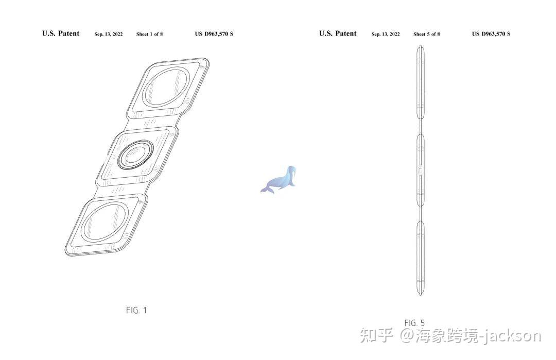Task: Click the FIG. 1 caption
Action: tap(136, 310)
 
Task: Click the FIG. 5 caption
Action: tap(414, 323)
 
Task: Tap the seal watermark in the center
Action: tap(280, 179)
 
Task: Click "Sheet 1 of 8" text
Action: tap(149, 35)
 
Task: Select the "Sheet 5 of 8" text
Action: tap(426, 35)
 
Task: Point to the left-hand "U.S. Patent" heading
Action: tap(61, 34)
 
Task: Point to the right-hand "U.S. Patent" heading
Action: tap(338, 34)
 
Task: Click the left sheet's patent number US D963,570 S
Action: tap(214, 34)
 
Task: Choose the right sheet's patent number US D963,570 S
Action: tap(491, 34)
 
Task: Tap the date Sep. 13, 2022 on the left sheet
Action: tap(109, 35)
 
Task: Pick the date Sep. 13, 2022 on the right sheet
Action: tap(386, 35)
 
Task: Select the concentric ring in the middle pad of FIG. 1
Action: tap(136, 154)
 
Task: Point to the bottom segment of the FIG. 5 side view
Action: tap(420, 258)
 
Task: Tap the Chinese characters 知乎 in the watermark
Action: tap(377, 336)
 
